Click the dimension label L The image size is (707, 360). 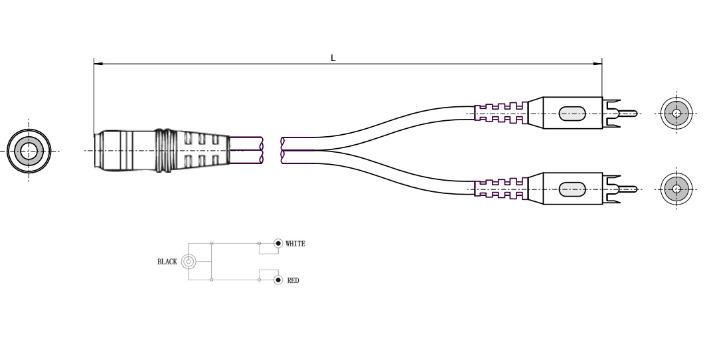[x=333, y=58]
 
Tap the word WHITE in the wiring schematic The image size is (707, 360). [x=295, y=244]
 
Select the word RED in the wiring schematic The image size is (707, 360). [x=293, y=280]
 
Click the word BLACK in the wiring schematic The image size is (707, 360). [x=167, y=262]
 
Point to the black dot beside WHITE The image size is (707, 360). [x=278, y=244]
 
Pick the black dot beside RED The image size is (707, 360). [x=278, y=280]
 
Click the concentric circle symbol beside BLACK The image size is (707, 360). [x=189, y=261]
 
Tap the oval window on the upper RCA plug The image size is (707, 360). [x=572, y=114]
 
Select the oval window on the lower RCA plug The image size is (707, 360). [x=572, y=189]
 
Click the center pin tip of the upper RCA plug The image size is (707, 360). [x=636, y=113]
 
